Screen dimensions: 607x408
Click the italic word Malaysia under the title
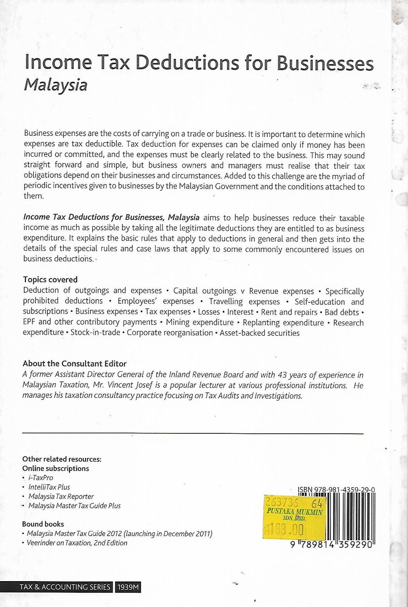coord(55,85)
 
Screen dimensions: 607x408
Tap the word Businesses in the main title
coord(325,64)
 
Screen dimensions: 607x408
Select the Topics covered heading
coord(50,280)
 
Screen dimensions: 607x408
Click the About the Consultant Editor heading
coord(75,364)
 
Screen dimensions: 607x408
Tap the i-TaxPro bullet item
coord(41,478)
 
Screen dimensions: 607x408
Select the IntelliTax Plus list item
coord(49,487)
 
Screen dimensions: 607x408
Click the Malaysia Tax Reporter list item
coord(61,496)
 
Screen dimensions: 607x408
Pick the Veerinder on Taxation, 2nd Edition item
coord(77,543)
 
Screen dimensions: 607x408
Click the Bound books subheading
coord(43,524)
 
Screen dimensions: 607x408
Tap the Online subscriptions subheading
coord(55,468)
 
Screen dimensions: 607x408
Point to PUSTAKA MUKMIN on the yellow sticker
coord(294,512)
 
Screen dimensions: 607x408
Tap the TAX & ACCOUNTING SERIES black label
coord(65,587)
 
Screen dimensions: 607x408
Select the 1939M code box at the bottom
coord(128,587)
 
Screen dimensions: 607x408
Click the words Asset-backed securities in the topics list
coord(259,333)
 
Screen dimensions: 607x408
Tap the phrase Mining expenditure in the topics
coord(200,322)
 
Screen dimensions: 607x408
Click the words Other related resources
coord(62,459)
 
